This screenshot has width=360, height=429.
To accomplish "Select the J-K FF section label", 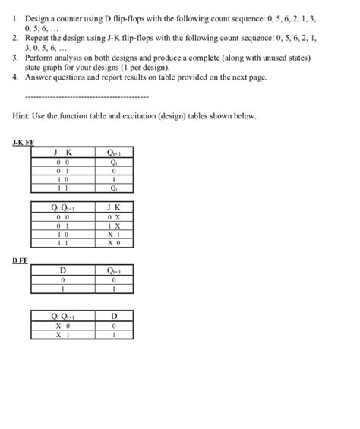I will click(24, 142).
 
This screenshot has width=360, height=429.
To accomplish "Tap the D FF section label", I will click(21, 260).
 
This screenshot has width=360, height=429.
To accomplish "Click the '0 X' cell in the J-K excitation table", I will click(114, 216).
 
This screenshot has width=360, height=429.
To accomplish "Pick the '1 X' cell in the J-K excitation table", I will click(114, 225).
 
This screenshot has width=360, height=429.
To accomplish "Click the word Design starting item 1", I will click(38, 16).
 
